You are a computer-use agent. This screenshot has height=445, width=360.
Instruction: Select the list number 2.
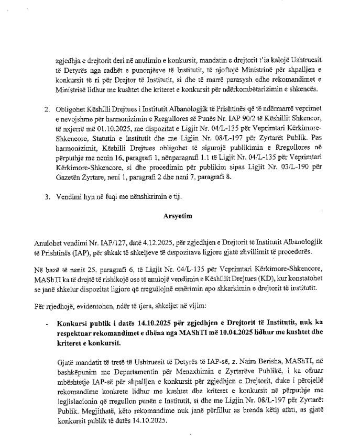[x=46, y=108]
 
